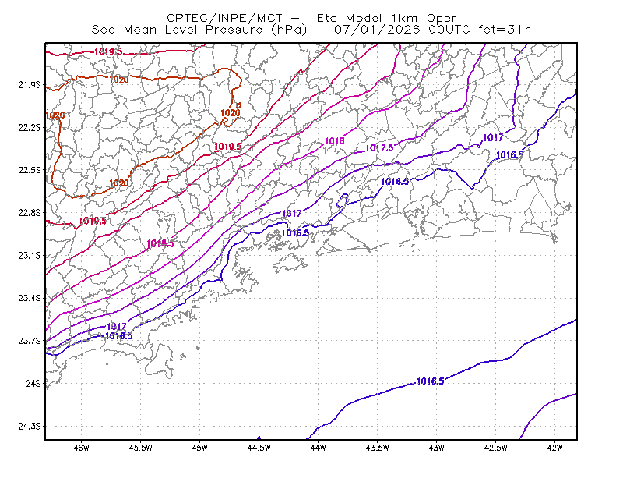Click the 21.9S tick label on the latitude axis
30,85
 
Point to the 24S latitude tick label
33,383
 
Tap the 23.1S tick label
30,255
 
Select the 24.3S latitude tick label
30,427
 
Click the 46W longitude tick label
82,448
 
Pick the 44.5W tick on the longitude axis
259,448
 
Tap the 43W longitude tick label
436,448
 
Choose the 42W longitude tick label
554,448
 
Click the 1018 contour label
335,141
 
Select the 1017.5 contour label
379,148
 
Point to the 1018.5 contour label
160,243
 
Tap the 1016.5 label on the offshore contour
431,381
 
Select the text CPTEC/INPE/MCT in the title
224,18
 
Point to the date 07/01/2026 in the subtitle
377,30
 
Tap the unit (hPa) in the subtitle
289,30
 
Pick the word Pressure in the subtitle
234,30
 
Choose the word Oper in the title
442,19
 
